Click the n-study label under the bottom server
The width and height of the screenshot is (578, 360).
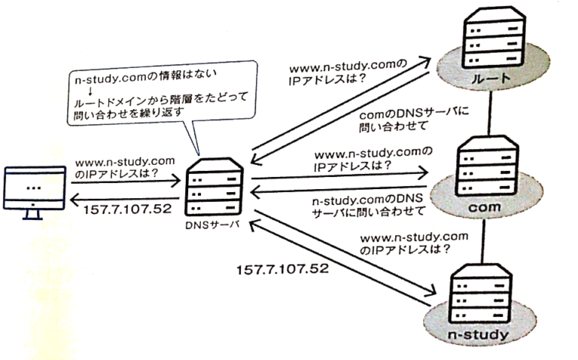point(481,331)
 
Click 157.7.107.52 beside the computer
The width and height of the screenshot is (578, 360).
point(121,209)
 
